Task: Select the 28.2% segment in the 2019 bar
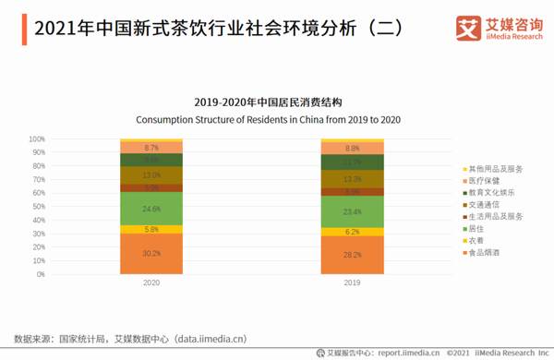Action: (x=353, y=255)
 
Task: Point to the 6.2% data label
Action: (x=353, y=232)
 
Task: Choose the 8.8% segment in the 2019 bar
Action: (x=353, y=148)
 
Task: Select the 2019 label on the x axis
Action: (x=353, y=283)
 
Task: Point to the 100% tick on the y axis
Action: (x=38, y=139)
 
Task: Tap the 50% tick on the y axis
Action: (x=40, y=207)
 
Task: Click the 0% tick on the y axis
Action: (x=42, y=274)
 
